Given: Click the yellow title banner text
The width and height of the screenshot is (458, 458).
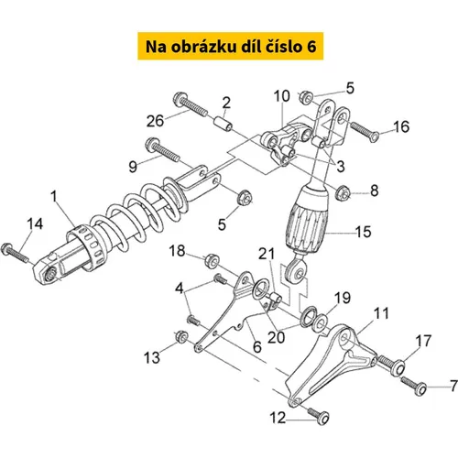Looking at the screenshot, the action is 231,47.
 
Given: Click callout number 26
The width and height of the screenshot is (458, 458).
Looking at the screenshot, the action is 155,121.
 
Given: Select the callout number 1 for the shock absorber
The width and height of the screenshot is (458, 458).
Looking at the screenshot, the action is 54,196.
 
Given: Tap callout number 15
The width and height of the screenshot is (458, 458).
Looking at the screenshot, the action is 364,232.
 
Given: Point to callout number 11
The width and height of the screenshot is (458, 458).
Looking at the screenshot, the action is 381,313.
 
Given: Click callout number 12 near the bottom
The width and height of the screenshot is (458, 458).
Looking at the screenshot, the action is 278,418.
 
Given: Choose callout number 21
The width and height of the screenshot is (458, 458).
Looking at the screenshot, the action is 267,254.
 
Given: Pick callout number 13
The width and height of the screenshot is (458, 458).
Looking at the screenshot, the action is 152,357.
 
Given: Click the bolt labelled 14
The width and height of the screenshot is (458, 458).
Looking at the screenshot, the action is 15,253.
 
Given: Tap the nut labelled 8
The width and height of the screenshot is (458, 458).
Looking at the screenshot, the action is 342,192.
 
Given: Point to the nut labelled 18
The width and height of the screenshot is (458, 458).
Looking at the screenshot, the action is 213,260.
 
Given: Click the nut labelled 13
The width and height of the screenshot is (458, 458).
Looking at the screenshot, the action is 181,336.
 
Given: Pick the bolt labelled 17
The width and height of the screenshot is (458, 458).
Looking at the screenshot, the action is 392,365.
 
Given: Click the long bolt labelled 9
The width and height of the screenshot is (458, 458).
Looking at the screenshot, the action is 162,148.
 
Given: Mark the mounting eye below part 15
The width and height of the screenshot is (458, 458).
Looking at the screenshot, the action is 296,271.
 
